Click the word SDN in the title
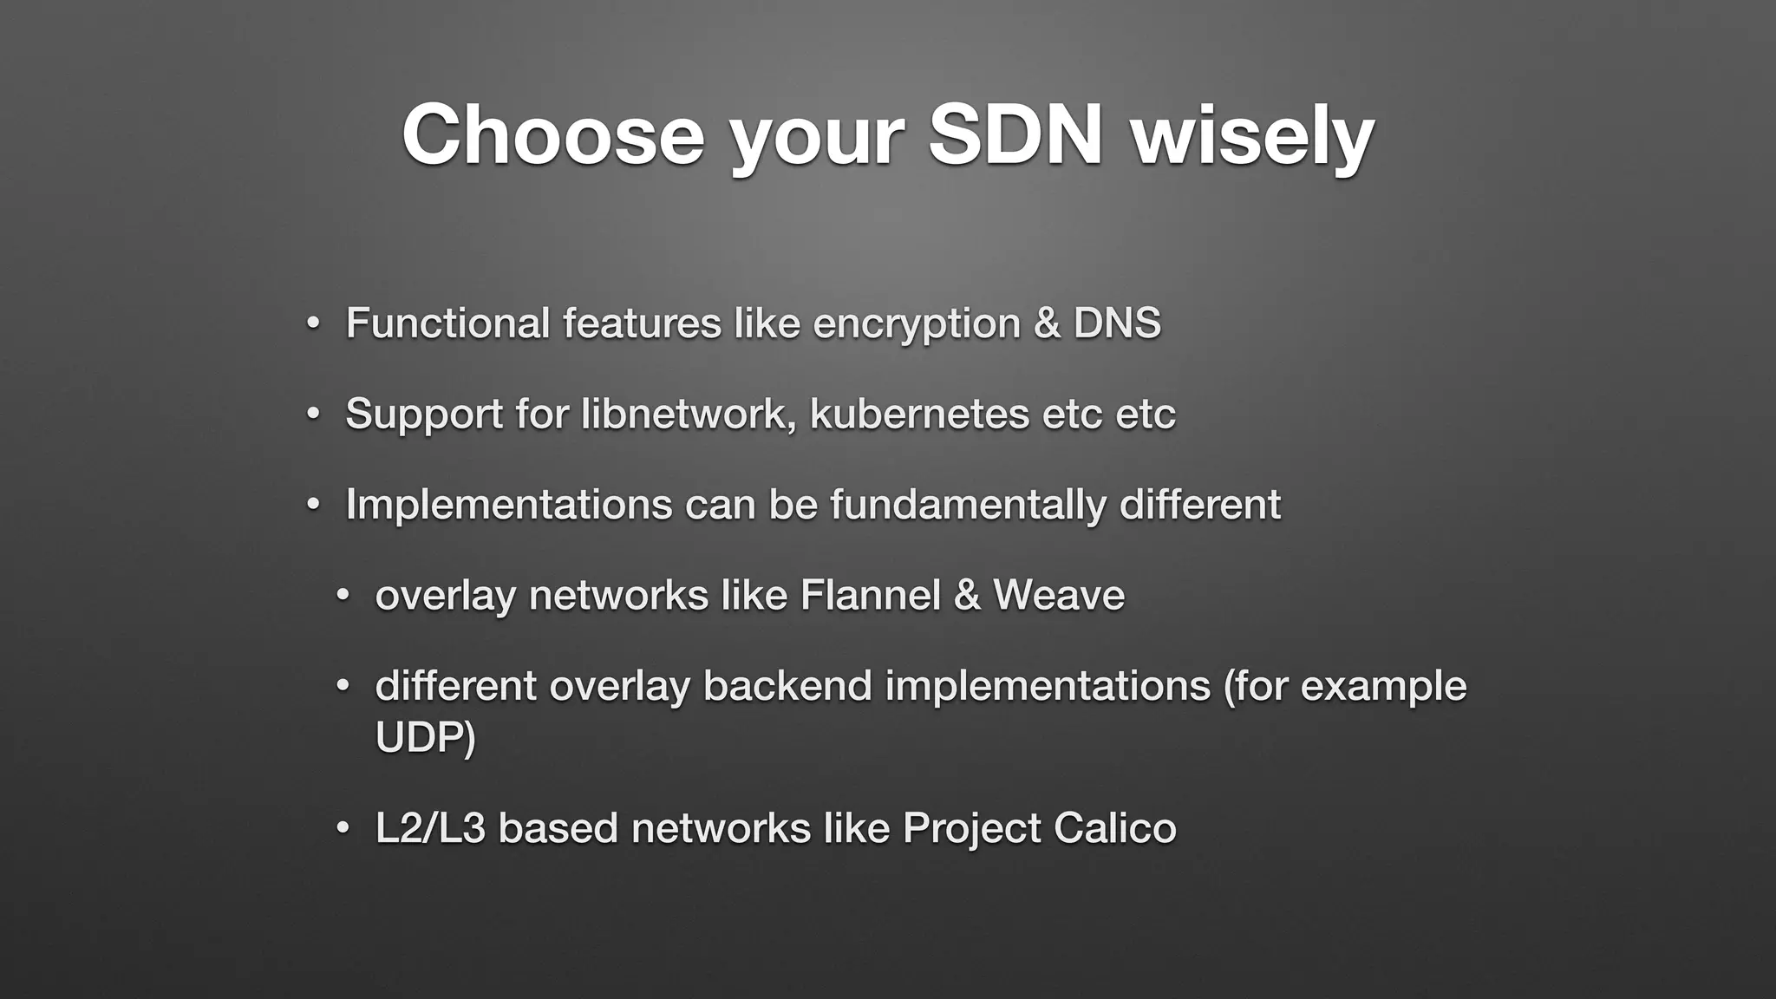tap(1015, 134)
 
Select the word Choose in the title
tap(552, 134)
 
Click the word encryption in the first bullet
tap(917, 324)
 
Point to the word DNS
tap(1117, 323)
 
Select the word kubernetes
tap(919, 414)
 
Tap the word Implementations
tap(508, 505)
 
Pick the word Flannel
tap(870, 595)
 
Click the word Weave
tap(1058, 595)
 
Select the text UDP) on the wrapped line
tap(425, 737)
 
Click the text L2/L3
tap(430, 828)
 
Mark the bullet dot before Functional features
tap(313, 324)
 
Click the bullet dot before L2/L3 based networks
tap(343, 828)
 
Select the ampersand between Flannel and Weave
tap(966, 595)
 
